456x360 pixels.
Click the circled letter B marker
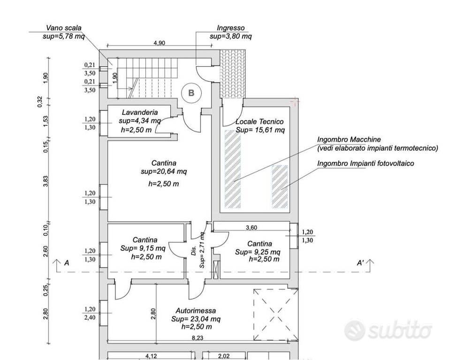(x=191, y=93)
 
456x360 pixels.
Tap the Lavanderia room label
(x=140, y=112)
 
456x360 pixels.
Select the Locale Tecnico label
(x=259, y=121)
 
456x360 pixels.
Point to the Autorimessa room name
(x=196, y=311)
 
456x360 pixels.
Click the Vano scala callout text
(x=64, y=28)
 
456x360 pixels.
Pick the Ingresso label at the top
(x=231, y=28)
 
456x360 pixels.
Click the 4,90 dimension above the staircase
(x=159, y=43)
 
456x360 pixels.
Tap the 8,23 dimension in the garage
(x=198, y=337)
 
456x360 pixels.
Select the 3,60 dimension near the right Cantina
(x=251, y=227)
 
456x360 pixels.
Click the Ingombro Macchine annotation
(x=349, y=140)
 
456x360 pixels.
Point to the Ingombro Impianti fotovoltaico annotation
(x=365, y=163)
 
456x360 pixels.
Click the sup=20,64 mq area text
(x=164, y=172)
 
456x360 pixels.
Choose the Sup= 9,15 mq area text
(x=143, y=248)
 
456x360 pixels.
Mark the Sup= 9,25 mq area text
(x=258, y=252)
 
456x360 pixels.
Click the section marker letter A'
(x=360, y=263)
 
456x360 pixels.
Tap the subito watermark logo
(x=388, y=330)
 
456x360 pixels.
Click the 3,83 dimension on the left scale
(x=46, y=181)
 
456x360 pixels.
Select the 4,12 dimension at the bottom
(x=151, y=356)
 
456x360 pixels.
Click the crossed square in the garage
(x=275, y=315)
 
